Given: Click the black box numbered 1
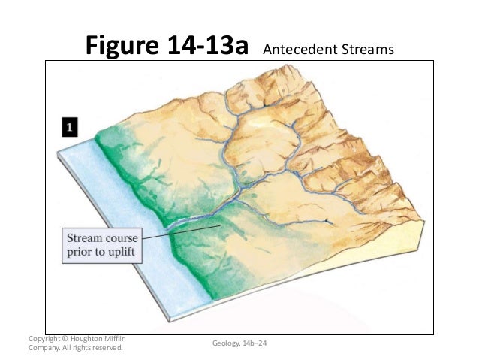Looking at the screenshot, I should click(69, 128).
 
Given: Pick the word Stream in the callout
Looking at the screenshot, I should click(82, 237).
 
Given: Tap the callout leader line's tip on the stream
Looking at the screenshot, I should click(218, 225).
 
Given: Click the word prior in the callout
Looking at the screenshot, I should click(81, 251).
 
